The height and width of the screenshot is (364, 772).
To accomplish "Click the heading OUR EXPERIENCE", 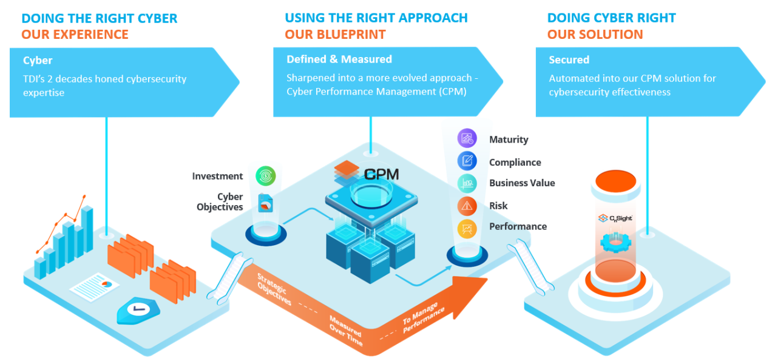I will (x=75, y=35).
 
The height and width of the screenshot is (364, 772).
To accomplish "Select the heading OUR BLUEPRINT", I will (x=335, y=35).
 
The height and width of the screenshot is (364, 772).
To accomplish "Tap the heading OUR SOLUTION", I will (x=595, y=35).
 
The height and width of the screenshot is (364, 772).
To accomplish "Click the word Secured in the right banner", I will (x=569, y=60).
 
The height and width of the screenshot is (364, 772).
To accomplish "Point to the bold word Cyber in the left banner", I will (x=38, y=61).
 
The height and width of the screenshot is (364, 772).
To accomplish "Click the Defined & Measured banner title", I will (x=339, y=59).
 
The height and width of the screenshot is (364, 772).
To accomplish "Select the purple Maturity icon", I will (x=467, y=138).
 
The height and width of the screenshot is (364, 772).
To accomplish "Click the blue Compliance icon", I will (x=467, y=161).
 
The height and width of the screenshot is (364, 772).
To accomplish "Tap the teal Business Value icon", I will (x=467, y=183).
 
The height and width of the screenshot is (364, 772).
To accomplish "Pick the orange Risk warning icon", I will (x=467, y=206).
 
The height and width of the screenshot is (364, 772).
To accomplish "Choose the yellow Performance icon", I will (x=467, y=227).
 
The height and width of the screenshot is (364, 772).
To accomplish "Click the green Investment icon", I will (x=266, y=176).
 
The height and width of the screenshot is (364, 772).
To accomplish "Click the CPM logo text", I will (x=382, y=175).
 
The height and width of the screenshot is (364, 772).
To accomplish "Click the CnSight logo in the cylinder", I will (x=615, y=218).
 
